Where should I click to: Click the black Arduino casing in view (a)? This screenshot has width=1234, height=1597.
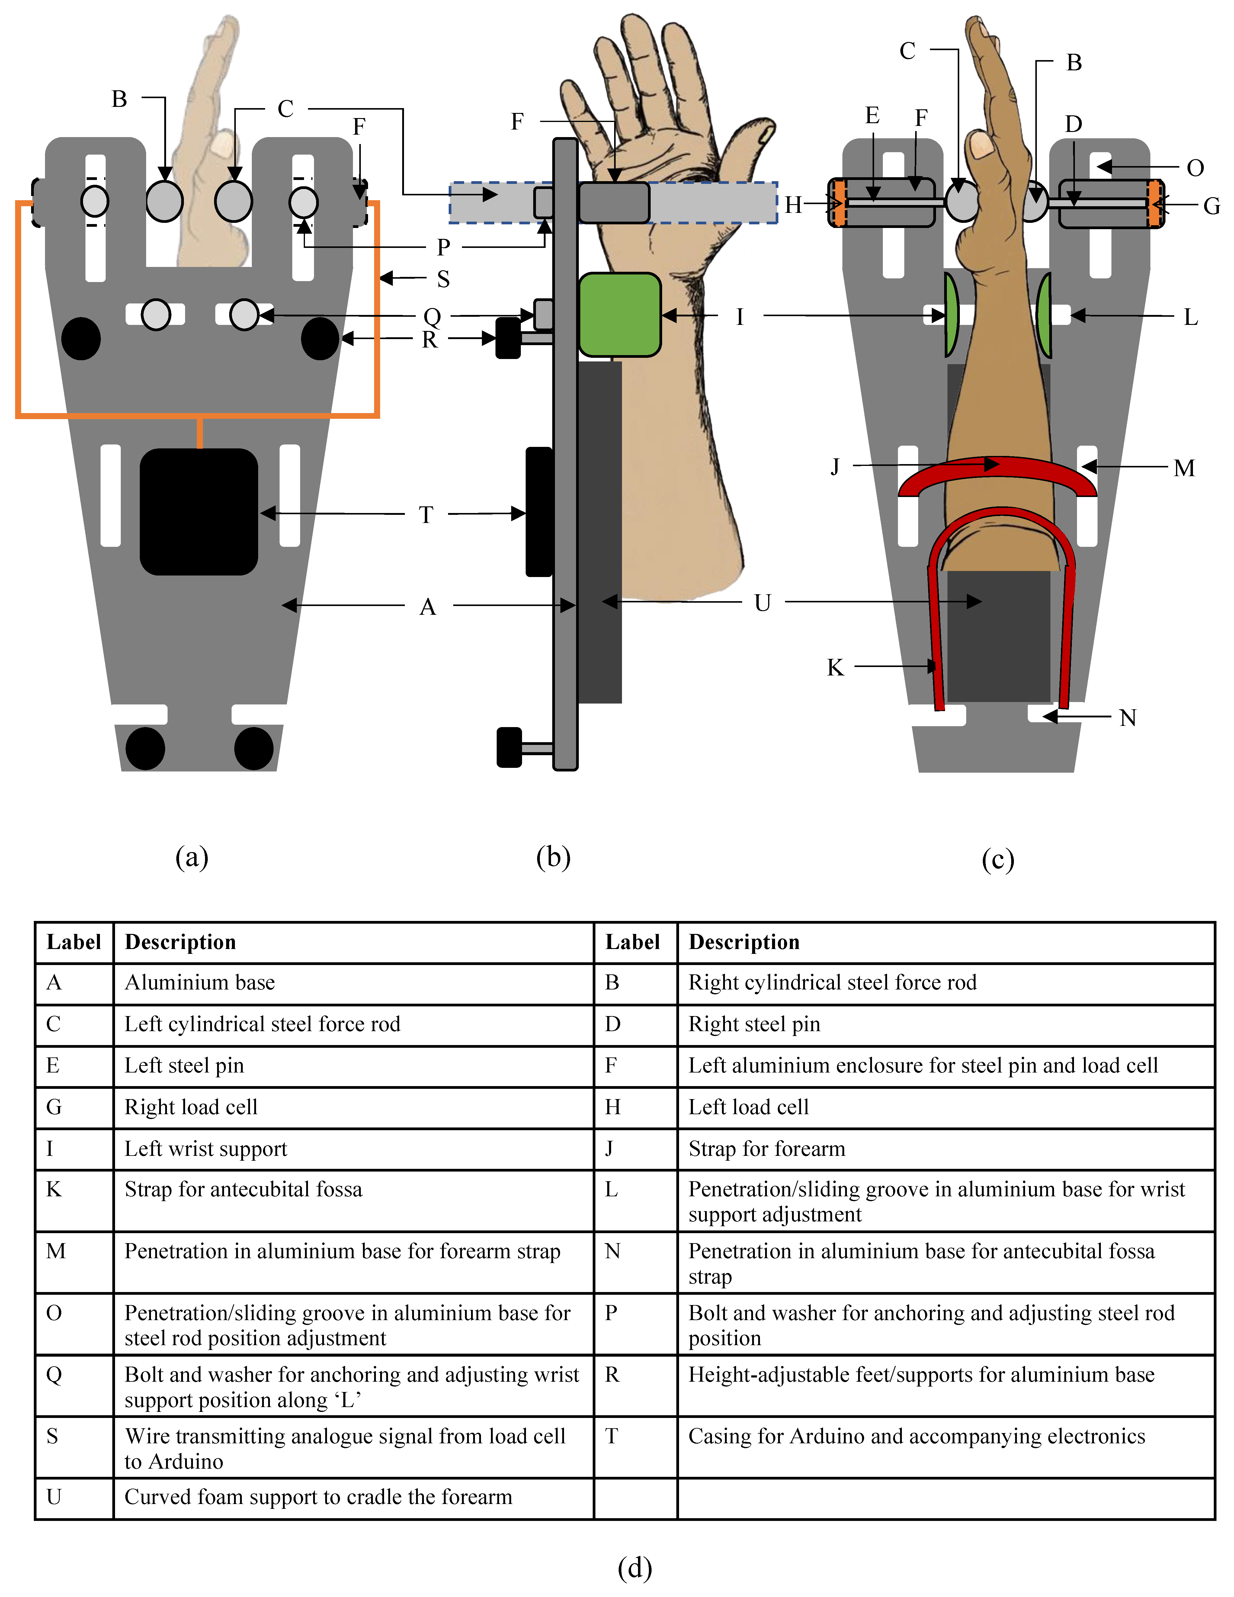tap(199, 512)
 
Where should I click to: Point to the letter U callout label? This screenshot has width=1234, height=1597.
tap(762, 603)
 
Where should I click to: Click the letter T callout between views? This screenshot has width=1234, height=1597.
tap(426, 515)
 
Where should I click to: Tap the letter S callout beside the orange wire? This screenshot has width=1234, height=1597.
tap(443, 279)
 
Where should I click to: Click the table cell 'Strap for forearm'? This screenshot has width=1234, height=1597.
tap(766, 1149)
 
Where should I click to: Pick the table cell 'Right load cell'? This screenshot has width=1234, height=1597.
tap(191, 1107)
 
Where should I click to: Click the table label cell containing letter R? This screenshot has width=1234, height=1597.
tap(613, 1375)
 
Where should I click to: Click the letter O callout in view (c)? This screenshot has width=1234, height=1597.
tap(1195, 168)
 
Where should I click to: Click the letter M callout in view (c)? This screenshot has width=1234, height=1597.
tap(1184, 468)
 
